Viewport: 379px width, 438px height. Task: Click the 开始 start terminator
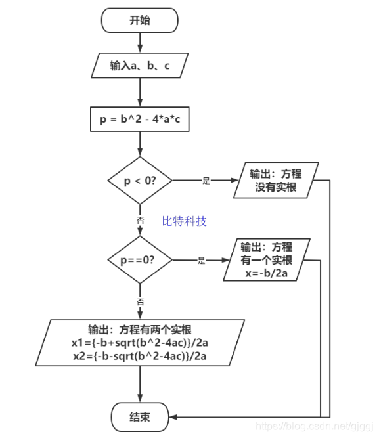(x=140, y=20)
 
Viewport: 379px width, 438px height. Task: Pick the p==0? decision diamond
(x=140, y=260)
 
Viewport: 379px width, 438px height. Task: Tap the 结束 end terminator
(x=140, y=416)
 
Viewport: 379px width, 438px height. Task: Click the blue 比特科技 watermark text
(x=185, y=221)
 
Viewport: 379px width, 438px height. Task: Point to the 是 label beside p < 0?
(x=206, y=181)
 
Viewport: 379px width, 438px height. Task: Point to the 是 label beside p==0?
(x=201, y=261)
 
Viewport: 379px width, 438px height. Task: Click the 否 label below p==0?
(x=140, y=301)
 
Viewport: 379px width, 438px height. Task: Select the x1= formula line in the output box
(x=140, y=343)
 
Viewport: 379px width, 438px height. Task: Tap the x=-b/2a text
(x=266, y=273)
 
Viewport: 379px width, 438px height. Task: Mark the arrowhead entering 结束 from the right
(x=173, y=416)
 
